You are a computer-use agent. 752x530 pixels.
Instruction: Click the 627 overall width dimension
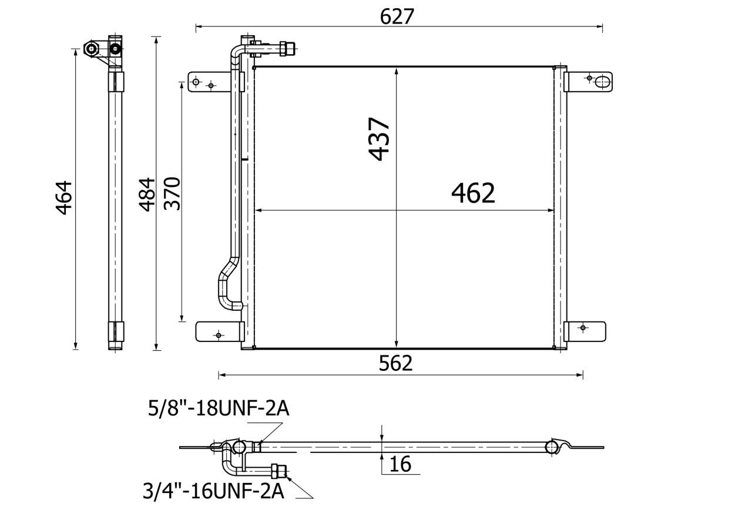[397, 16]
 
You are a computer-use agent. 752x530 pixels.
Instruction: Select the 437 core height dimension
[379, 139]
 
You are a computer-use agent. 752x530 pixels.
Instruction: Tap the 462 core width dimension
[473, 193]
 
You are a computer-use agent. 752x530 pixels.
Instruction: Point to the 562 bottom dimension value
[395, 363]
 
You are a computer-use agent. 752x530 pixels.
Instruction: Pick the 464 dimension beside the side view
[64, 198]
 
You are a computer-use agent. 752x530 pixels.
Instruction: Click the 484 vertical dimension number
[147, 195]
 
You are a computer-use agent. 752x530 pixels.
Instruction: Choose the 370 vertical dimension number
[172, 193]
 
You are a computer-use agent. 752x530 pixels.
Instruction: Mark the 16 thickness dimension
[400, 465]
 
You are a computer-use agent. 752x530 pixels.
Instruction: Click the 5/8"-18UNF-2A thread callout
[219, 409]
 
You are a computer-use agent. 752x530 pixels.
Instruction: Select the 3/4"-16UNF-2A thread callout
[213, 491]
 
